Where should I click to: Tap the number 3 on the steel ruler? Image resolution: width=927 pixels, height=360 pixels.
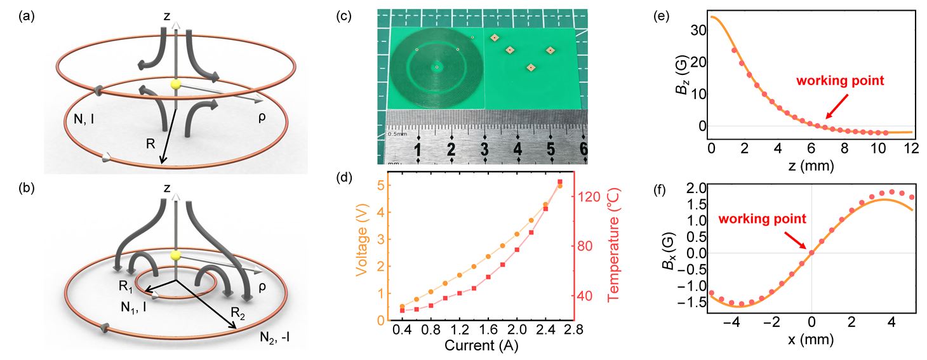tap(484, 150)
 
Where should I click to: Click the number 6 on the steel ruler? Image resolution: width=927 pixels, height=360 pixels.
tap(583, 150)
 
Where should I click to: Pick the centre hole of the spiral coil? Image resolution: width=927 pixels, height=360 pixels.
tap(436, 67)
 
